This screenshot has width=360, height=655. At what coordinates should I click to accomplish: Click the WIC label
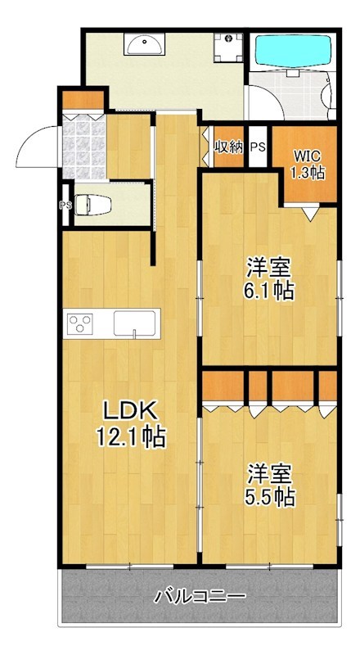click(x=308, y=155)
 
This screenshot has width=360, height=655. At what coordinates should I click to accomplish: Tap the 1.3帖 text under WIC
click(x=309, y=173)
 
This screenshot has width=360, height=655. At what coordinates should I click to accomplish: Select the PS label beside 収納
click(x=258, y=148)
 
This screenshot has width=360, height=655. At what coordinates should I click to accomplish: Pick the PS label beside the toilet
click(x=64, y=206)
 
